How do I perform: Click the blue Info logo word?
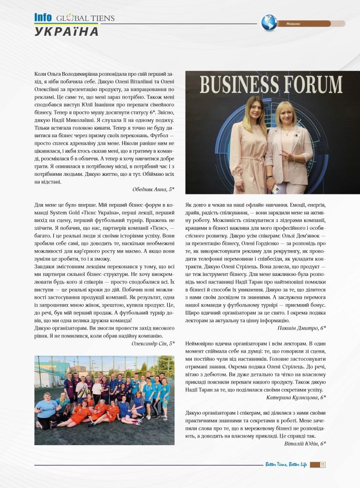[x=43, y=18]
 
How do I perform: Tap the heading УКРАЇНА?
[x=67, y=32]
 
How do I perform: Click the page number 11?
[x=323, y=465]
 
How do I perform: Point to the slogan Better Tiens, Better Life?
[x=286, y=465]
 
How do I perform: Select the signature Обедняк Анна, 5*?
[x=153, y=189]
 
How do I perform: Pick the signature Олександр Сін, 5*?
[x=153, y=343]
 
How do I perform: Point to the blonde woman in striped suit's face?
[x=286, y=117]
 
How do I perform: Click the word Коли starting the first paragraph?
[x=41, y=74]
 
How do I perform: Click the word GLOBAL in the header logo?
[x=72, y=19]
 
